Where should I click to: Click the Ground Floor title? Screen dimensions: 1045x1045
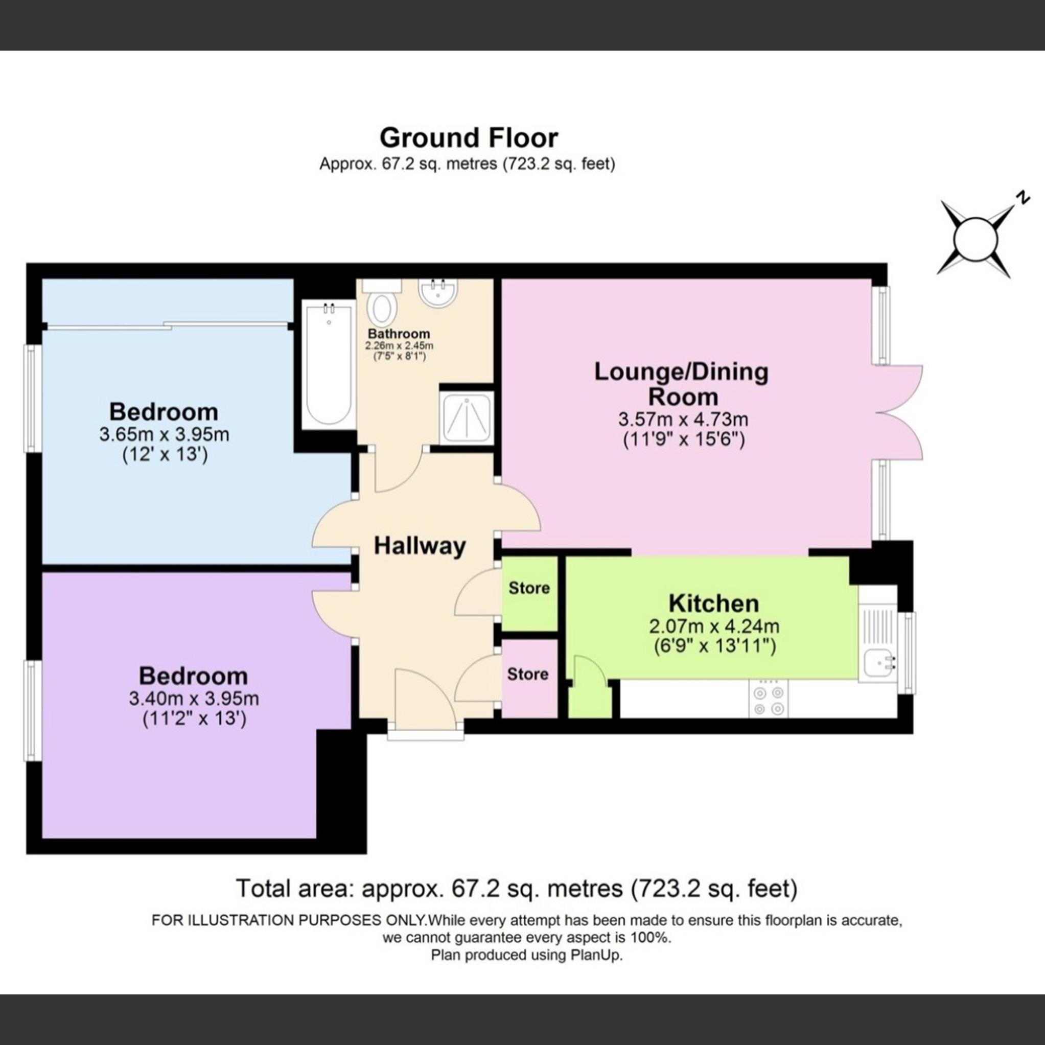point(469,138)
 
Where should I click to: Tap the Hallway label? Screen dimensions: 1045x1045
point(420,546)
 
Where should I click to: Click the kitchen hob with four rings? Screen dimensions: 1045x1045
point(769,701)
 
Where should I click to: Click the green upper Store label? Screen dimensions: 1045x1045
point(529,588)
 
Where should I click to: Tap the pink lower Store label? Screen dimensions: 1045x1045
point(527,674)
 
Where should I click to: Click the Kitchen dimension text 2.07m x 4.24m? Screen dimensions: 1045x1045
point(714,626)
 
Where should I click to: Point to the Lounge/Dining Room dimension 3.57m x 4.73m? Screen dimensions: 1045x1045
point(683,419)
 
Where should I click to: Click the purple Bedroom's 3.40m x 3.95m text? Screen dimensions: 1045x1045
point(194,699)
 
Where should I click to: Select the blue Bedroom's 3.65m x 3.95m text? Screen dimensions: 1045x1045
point(164,434)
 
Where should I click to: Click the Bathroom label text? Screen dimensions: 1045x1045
point(399,333)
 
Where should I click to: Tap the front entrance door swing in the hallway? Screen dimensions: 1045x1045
point(425,698)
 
